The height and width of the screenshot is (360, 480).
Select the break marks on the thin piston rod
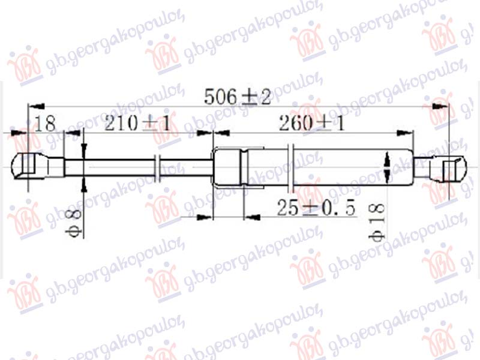(x=157, y=167)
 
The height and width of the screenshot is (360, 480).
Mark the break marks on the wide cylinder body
(x=291, y=166)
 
